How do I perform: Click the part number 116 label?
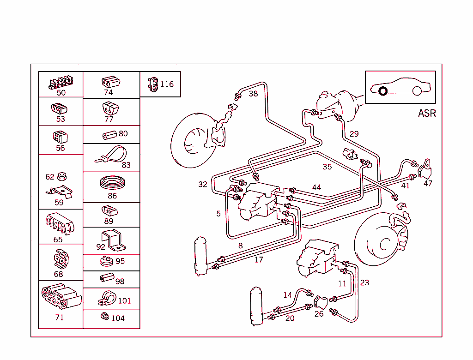(167, 84)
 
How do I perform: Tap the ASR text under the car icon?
(426, 113)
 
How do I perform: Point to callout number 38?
(253, 94)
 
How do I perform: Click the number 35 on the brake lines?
(327, 167)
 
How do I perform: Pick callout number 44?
(316, 187)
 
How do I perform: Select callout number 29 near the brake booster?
(354, 134)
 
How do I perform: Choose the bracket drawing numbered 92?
(112, 239)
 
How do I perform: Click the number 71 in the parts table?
(60, 318)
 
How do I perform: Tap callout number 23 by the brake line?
(364, 282)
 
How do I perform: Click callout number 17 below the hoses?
(259, 260)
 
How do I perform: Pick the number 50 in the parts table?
(61, 93)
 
